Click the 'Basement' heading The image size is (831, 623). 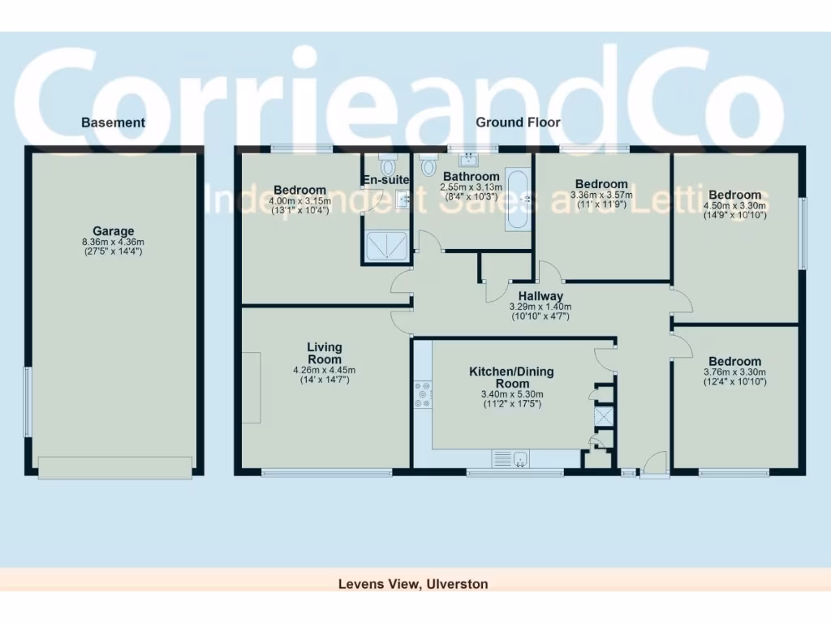113,122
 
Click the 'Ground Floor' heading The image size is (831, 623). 518,122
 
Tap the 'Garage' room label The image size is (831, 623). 113,231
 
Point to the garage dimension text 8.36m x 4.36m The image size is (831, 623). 113,241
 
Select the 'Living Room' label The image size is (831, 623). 325,354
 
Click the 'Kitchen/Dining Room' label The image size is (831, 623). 512,378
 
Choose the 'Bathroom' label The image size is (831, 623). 470,177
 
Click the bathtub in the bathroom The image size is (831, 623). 519,199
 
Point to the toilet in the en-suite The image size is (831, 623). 385,161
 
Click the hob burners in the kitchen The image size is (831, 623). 424,394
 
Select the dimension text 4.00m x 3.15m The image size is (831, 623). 300,201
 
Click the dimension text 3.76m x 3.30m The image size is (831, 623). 734,372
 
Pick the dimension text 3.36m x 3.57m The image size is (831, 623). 601,195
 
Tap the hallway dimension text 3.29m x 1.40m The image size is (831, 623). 540,307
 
